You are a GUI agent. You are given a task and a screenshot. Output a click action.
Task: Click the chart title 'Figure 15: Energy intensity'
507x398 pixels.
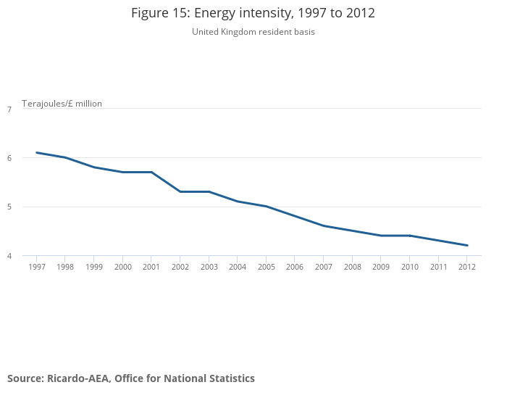[x=253, y=13]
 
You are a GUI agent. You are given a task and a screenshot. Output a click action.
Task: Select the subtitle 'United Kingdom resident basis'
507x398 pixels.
[x=253, y=32]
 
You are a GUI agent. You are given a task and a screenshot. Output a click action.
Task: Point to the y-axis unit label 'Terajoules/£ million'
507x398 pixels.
[x=62, y=104]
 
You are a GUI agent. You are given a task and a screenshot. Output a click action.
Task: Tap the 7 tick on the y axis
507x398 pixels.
[x=9, y=109]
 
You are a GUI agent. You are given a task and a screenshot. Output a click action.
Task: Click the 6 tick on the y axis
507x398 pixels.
[x=9, y=158]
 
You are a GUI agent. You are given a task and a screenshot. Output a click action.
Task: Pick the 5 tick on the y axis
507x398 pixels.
[x=9, y=207]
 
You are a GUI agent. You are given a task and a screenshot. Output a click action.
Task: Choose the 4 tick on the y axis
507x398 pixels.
[x=9, y=256]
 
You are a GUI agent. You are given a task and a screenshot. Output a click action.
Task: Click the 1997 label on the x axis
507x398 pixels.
[x=36, y=267]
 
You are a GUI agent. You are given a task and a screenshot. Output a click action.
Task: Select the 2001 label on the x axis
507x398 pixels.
[x=151, y=267]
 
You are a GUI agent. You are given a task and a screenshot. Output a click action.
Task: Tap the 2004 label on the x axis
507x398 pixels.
[x=238, y=267]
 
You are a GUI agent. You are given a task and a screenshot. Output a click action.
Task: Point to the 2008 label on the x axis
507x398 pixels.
[x=353, y=267]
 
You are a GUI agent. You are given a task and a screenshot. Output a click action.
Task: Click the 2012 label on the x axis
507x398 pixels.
[x=467, y=267]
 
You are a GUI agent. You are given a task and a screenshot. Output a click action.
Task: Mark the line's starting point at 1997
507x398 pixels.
[x=36, y=153]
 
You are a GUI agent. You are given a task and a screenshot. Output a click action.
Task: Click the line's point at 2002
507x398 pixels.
[x=180, y=191]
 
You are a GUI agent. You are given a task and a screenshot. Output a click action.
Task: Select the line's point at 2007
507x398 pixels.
[x=324, y=226]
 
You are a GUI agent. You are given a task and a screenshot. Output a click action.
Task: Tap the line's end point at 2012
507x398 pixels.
[x=467, y=246]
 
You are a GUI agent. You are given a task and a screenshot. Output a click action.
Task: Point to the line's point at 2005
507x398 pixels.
[x=267, y=207]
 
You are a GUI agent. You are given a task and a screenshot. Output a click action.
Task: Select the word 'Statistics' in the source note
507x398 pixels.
[x=231, y=378]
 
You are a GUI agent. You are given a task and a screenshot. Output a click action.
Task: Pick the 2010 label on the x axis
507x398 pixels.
[x=410, y=267]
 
